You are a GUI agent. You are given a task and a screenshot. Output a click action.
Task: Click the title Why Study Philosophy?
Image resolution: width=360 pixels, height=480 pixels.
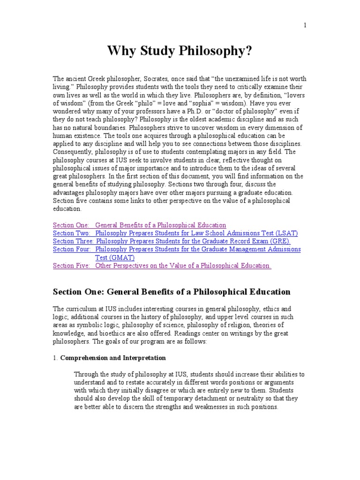click(180, 51)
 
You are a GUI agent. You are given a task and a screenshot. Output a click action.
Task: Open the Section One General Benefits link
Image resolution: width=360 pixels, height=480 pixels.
click(160, 225)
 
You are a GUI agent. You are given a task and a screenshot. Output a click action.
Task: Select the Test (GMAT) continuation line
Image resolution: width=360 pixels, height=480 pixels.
click(115, 257)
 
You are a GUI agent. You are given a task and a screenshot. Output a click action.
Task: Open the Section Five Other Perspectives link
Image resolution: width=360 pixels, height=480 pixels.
click(183, 266)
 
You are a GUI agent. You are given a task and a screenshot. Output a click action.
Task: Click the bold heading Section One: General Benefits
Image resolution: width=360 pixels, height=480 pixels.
click(172, 292)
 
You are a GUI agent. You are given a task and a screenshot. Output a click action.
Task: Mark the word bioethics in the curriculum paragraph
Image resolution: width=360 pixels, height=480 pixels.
click(103, 333)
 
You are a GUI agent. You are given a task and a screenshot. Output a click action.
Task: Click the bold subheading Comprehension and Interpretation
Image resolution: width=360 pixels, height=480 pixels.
click(113, 358)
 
